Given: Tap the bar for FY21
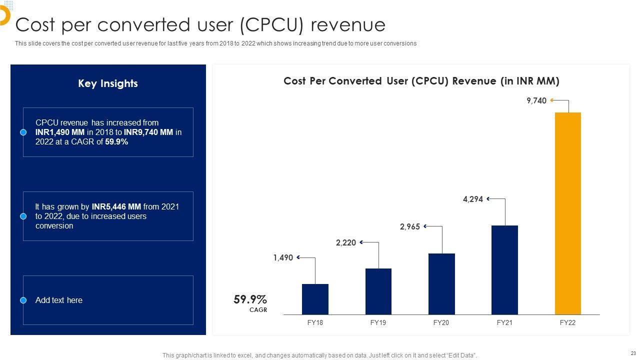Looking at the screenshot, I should (x=504, y=269).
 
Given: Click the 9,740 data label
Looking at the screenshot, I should (x=536, y=100).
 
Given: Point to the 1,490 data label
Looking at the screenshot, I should (x=283, y=258).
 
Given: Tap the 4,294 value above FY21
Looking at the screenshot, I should (x=473, y=199).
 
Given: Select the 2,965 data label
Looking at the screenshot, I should (x=410, y=226).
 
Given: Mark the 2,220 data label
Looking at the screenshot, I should (x=346, y=242).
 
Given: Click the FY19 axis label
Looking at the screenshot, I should (x=378, y=322).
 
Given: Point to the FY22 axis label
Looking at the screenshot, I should (x=567, y=322).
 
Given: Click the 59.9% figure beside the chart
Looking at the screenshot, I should (x=250, y=299).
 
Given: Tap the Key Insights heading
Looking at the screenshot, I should (x=108, y=83).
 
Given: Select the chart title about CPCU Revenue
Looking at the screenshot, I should (x=421, y=81).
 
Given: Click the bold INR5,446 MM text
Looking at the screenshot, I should (x=116, y=206).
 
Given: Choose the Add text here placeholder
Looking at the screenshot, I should (x=59, y=300).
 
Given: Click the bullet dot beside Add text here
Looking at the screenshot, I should (x=23, y=300).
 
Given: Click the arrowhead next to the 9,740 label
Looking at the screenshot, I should (x=552, y=100).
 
